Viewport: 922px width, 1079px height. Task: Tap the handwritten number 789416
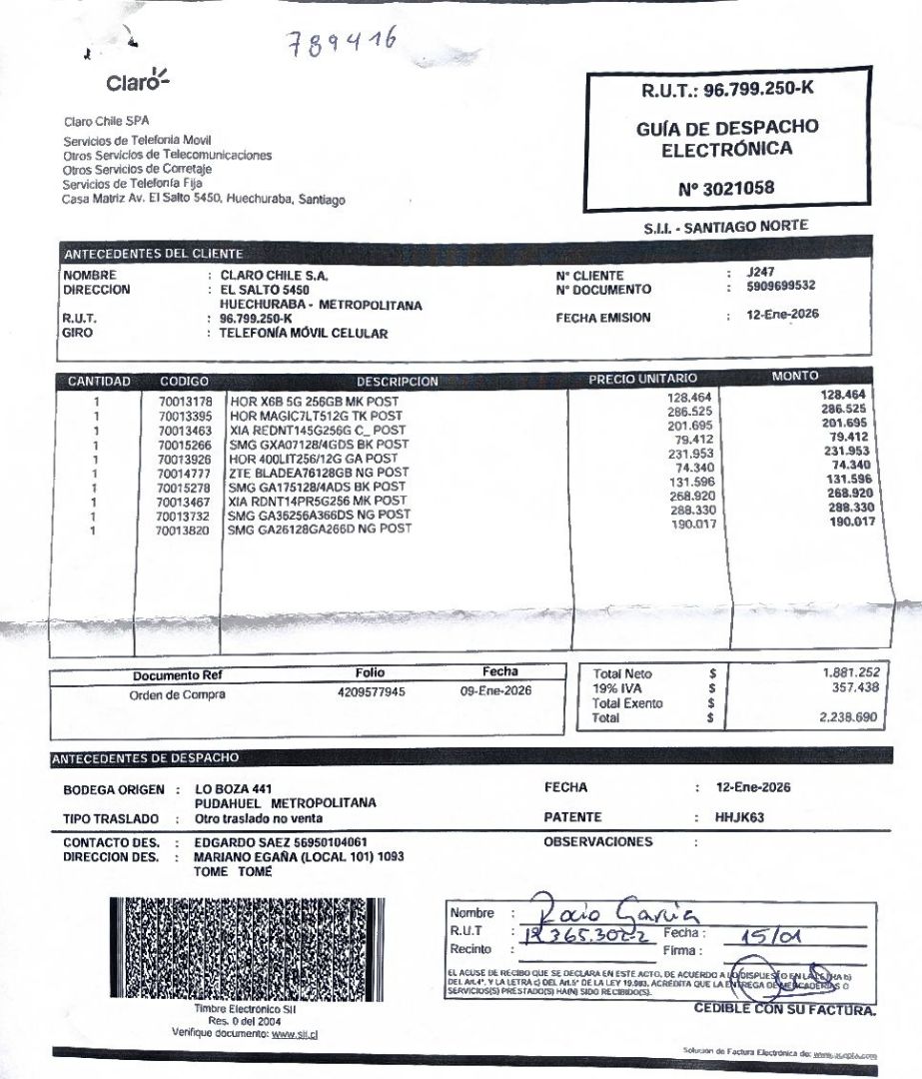[x=343, y=42]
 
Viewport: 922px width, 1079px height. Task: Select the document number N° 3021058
[x=725, y=187]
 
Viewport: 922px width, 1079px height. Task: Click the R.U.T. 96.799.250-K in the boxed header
[x=727, y=90]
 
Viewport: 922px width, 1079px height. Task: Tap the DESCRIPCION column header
[x=398, y=381]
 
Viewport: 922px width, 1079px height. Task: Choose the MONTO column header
[x=795, y=377]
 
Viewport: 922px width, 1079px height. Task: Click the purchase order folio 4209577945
[x=372, y=691]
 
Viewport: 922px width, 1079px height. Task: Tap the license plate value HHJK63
[x=739, y=816]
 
